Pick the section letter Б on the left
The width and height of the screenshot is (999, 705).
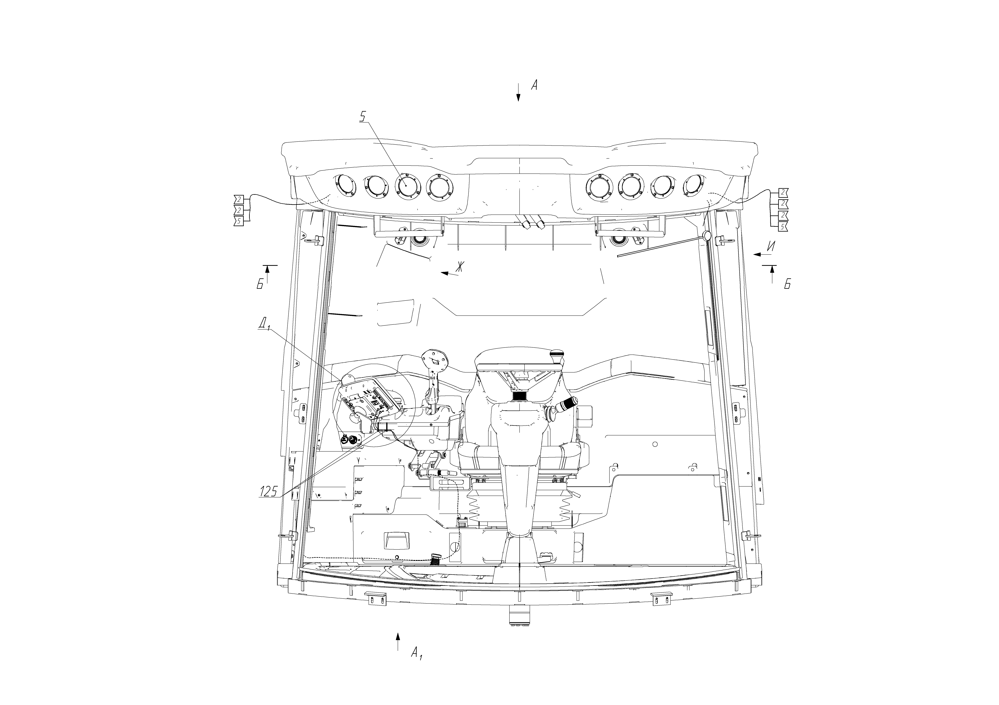point(260,285)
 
